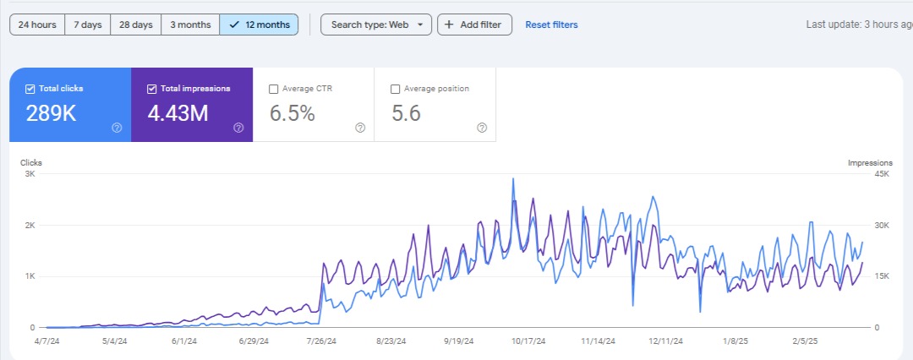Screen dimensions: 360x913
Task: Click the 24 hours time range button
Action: (37, 25)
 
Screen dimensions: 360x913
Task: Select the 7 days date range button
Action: (87, 25)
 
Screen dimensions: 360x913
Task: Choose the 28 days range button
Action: (135, 25)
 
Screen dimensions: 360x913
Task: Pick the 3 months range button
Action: (190, 25)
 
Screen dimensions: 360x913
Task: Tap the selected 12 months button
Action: (259, 25)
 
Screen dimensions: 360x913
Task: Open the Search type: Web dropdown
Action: (376, 25)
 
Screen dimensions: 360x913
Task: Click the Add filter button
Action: (474, 25)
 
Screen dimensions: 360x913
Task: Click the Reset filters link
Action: (551, 25)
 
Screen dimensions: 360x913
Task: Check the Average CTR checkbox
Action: (273, 89)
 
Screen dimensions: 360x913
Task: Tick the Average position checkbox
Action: (395, 89)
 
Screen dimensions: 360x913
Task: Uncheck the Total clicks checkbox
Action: (30, 89)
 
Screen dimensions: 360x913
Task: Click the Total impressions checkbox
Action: (152, 89)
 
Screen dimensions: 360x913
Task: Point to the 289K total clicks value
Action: (51, 113)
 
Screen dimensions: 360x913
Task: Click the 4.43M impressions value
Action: (177, 113)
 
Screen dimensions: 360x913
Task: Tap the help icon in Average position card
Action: (481, 128)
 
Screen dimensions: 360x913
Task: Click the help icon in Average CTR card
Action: (359, 128)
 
